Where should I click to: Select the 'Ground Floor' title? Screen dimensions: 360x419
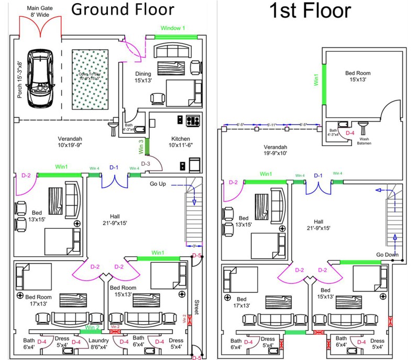(x=123, y=9)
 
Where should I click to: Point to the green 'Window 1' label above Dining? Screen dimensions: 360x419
(x=173, y=28)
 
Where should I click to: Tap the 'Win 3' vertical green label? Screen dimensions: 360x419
(x=141, y=146)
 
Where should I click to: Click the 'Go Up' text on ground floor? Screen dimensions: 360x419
(x=158, y=184)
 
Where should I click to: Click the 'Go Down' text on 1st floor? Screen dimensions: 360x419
(x=388, y=255)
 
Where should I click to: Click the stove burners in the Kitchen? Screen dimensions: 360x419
(x=193, y=120)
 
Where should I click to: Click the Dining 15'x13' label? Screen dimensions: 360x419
(x=144, y=77)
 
